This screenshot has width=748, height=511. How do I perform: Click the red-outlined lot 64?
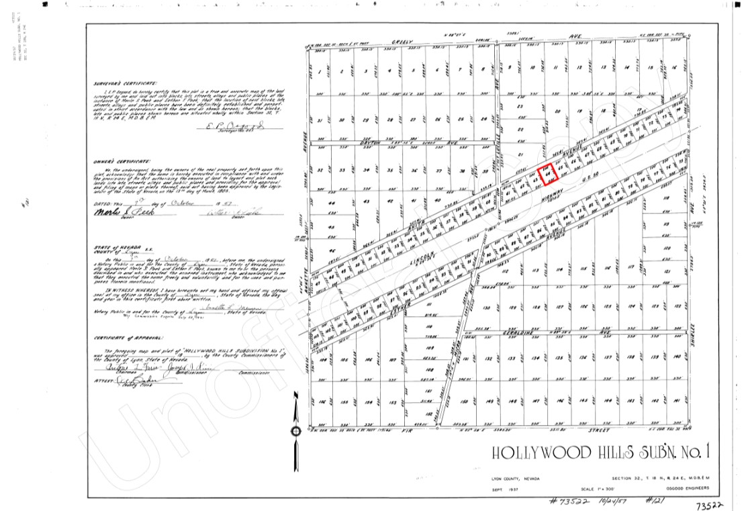pyautogui.click(x=549, y=174)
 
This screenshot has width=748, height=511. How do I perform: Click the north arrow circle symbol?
pyautogui.click(x=295, y=431)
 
